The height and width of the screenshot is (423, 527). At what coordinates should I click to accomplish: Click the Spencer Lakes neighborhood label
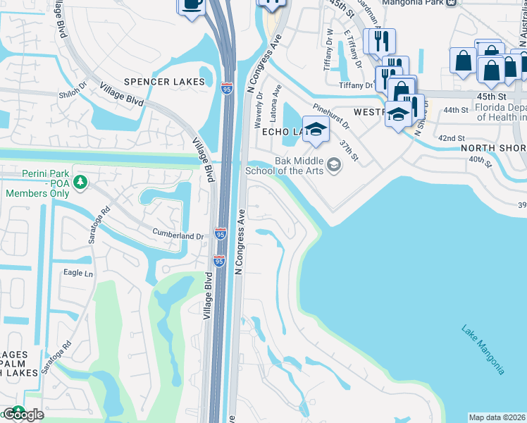click(x=164, y=82)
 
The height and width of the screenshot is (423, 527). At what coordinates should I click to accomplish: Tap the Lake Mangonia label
click(x=483, y=349)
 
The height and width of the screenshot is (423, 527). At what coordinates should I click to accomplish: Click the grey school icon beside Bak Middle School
click(x=333, y=166)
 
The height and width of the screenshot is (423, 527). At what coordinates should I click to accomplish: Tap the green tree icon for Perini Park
click(x=82, y=182)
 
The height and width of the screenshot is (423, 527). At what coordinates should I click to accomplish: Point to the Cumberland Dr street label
click(x=179, y=235)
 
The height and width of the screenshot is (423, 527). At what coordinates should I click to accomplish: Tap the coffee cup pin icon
click(x=190, y=6)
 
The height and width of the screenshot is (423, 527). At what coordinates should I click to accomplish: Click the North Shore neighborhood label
click(x=493, y=148)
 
